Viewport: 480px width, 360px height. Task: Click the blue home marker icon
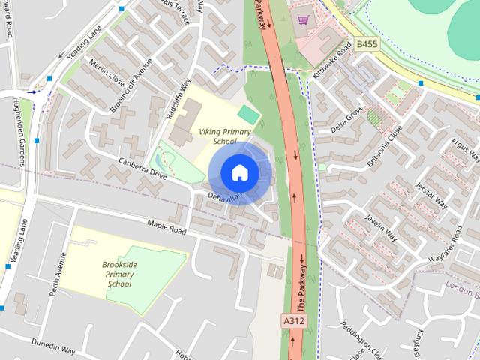point(239,172)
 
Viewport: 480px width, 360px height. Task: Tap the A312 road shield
point(295,320)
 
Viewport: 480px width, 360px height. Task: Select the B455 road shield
point(367,45)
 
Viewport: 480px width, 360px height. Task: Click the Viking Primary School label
point(217,136)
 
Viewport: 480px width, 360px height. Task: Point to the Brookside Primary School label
point(119,274)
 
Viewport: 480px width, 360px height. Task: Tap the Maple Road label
point(166,226)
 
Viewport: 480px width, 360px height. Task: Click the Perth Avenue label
point(58,274)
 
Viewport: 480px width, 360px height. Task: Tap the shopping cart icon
point(303,20)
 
